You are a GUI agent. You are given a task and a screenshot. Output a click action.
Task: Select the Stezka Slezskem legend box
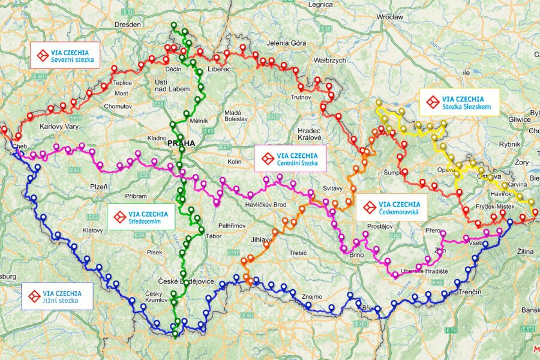point(459,103)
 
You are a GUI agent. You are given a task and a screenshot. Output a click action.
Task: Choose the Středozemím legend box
point(142,217)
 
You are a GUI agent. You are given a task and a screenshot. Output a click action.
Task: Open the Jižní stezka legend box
point(58,296)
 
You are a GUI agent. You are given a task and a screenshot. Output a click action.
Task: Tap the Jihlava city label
point(262,239)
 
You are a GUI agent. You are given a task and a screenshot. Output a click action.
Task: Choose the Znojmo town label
point(313,296)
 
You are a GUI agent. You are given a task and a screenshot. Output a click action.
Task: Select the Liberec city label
point(220,70)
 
